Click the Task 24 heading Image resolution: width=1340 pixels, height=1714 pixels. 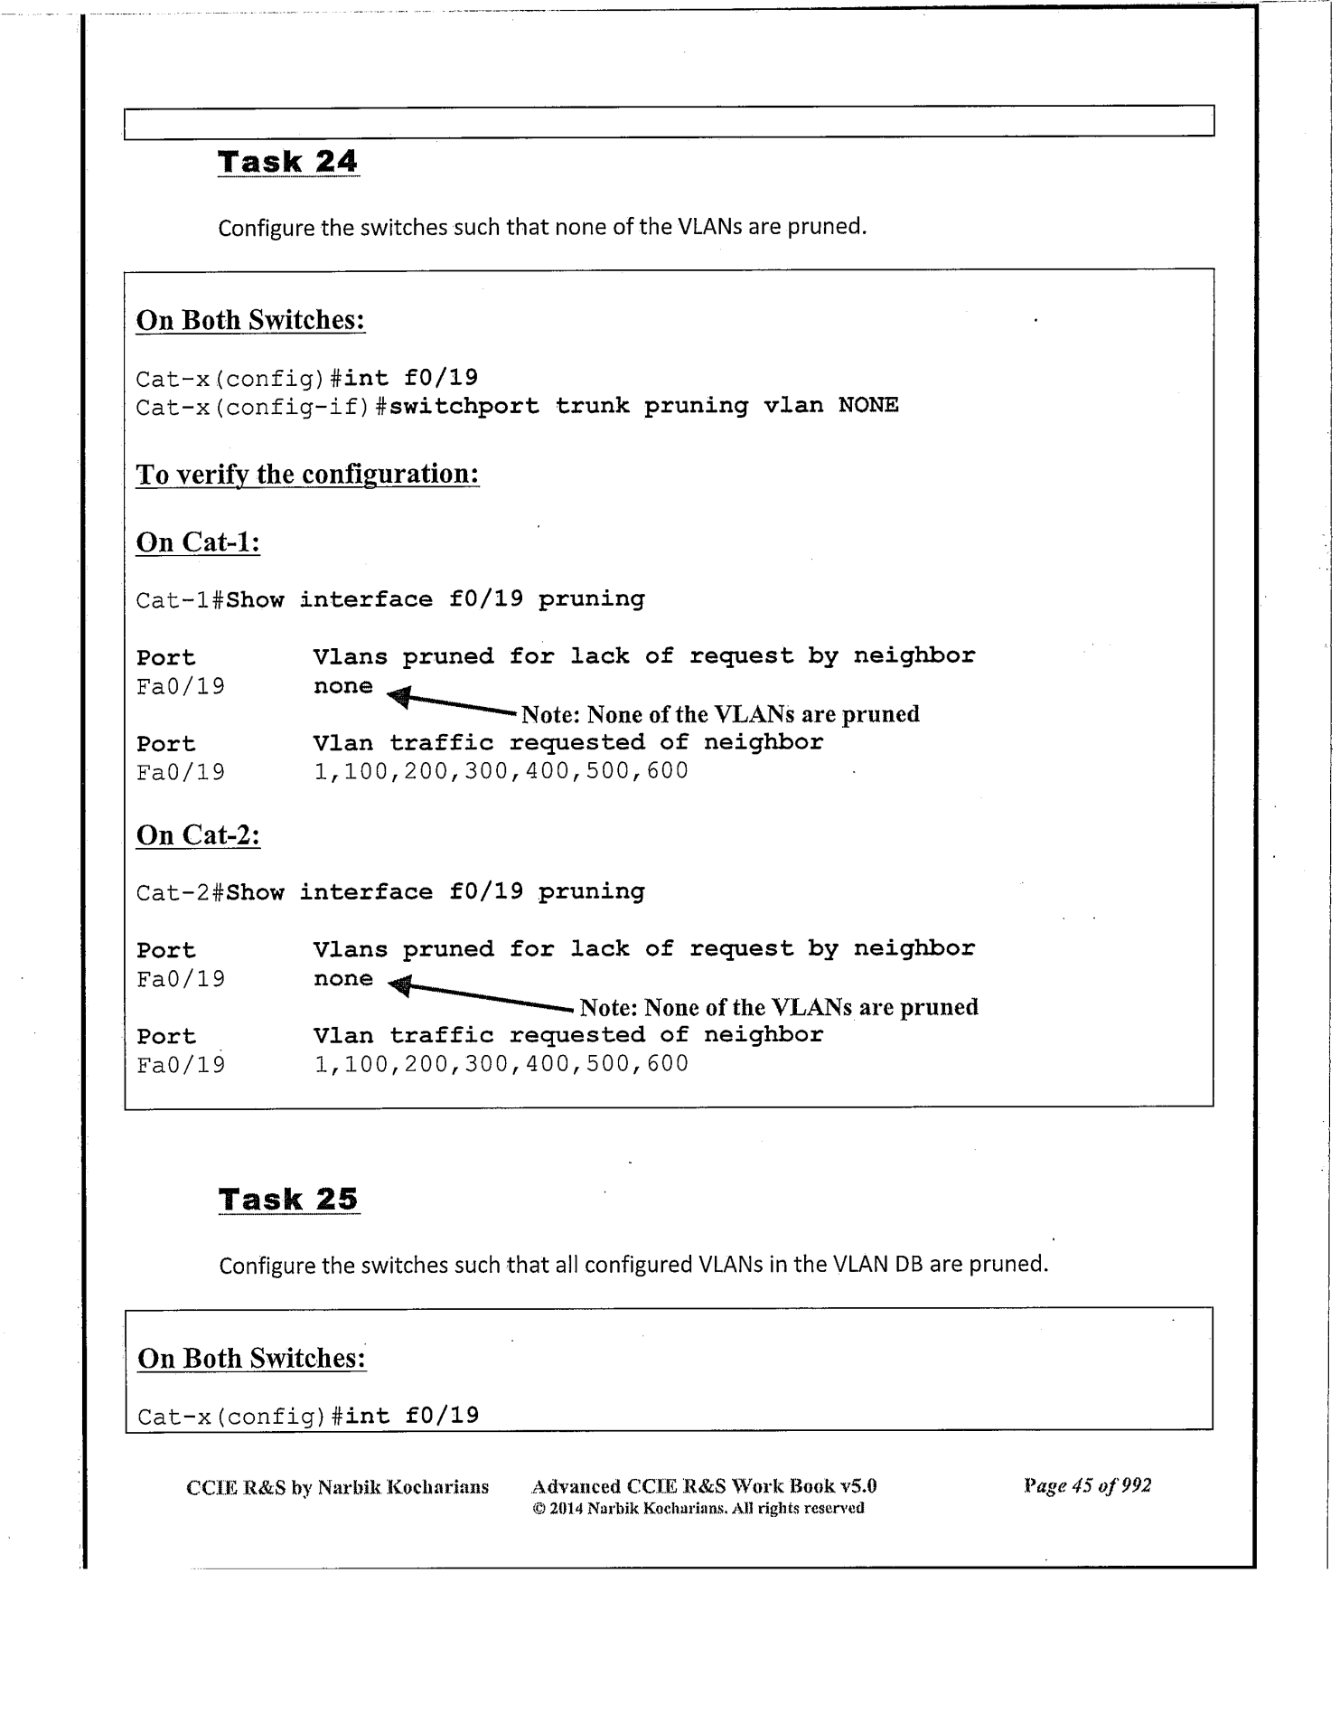click(287, 162)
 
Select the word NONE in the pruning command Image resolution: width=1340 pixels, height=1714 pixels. click(867, 405)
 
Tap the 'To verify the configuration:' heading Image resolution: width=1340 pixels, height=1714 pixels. click(307, 474)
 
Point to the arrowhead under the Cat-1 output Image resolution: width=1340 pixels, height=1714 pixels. click(398, 697)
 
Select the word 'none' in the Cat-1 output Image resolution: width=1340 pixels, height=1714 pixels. click(342, 686)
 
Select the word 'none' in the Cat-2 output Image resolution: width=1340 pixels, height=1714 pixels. click(342, 979)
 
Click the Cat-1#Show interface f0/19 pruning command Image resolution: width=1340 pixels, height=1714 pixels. click(390, 599)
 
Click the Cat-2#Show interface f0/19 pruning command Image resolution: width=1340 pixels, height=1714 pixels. click(390, 892)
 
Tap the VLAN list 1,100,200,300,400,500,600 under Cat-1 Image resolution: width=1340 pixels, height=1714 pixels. click(501, 771)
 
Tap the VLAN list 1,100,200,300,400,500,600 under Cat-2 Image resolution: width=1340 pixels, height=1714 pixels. click(501, 1064)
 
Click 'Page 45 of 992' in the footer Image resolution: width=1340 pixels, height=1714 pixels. click(1087, 1485)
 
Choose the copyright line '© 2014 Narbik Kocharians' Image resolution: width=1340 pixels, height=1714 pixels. click(698, 1508)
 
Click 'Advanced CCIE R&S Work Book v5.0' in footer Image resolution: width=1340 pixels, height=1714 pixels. click(704, 1486)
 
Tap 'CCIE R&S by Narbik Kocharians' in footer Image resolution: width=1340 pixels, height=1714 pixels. click(337, 1487)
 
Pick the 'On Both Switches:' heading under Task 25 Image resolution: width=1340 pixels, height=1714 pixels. click(251, 1358)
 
